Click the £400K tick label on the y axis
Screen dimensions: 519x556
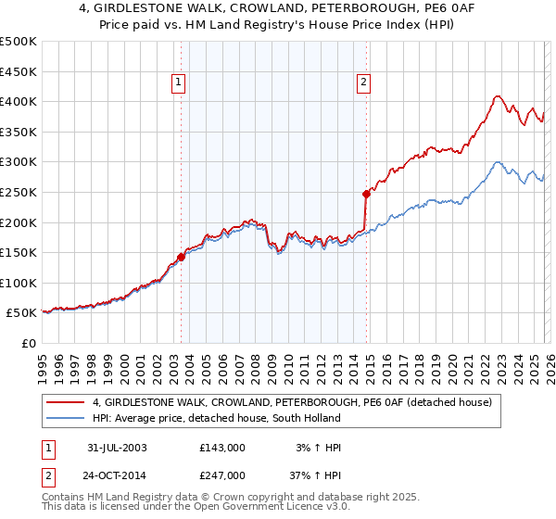click(19, 102)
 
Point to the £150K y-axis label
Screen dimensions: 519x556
click(19, 252)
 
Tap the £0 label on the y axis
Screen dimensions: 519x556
click(28, 343)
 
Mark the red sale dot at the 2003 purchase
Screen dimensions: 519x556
click(182, 257)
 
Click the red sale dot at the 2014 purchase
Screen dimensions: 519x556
click(365, 194)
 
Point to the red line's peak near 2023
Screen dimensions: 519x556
click(498, 95)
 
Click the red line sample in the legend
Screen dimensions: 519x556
click(67, 402)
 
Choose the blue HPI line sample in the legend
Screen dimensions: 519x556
click(67, 417)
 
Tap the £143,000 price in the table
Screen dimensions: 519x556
click(222, 448)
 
